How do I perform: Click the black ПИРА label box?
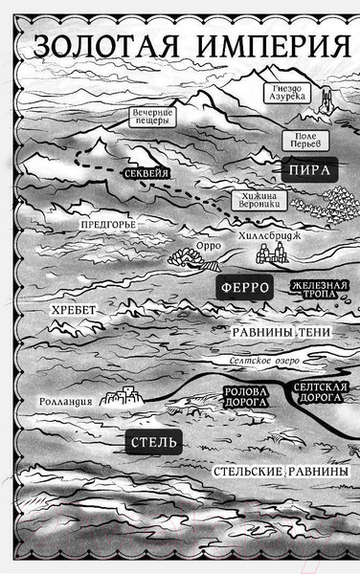click(x=304, y=170)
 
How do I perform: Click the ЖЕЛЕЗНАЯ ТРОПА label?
click(x=319, y=290)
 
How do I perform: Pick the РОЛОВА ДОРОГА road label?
click(x=243, y=397)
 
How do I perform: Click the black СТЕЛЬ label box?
click(x=151, y=442)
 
